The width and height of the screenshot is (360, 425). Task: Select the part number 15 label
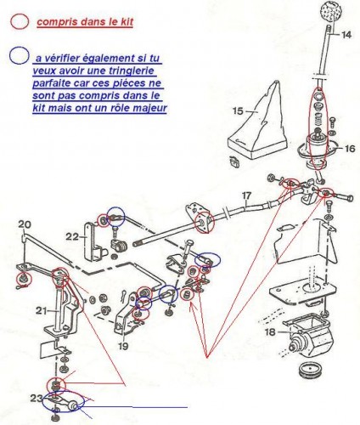238,110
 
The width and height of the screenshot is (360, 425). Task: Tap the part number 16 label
349,148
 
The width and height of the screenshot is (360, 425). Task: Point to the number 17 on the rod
246,196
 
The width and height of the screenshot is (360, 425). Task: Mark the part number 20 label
25,224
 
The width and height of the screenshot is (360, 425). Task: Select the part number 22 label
72,236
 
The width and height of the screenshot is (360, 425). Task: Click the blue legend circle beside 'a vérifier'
15,55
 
